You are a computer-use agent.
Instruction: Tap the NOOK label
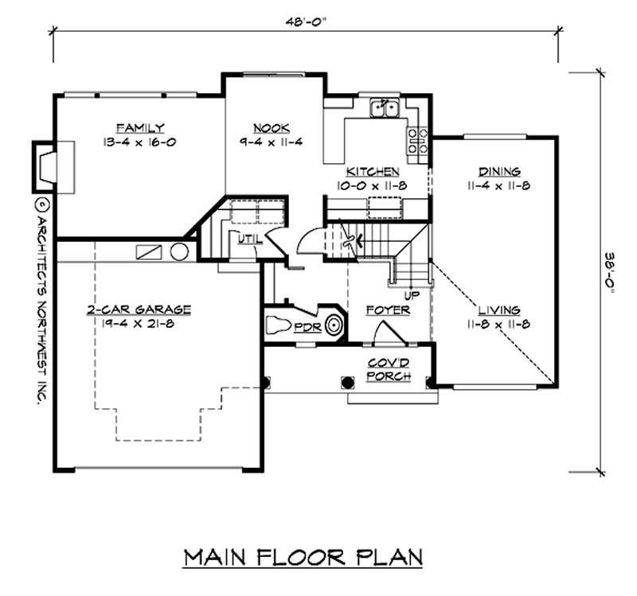tap(271, 128)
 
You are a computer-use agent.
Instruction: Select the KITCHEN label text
tap(372, 172)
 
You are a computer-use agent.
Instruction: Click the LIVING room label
tap(499, 310)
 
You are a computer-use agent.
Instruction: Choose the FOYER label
tap(387, 310)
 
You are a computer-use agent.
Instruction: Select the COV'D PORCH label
tap(388, 369)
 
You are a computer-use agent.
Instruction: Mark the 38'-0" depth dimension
tap(610, 270)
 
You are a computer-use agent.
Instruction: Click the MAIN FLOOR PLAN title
tap(303, 556)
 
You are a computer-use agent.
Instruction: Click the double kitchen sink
tap(386, 108)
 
